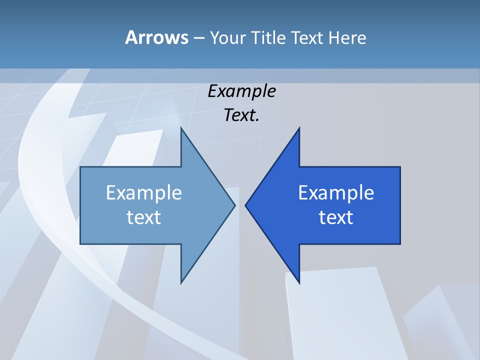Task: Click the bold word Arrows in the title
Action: coord(156,37)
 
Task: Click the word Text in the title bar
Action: coord(307,37)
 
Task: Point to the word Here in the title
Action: coord(347,37)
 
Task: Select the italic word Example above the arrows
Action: coord(241,91)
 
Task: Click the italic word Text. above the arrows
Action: coord(241,115)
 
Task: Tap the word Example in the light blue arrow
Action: coord(144,192)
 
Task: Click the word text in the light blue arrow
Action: coord(144,217)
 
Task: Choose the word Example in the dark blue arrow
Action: coord(336,192)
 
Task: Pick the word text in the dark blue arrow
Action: coord(336,217)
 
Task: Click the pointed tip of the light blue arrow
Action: coord(234,205)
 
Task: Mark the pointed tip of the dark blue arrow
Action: coord(246,205)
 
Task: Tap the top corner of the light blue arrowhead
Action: coord(181,128)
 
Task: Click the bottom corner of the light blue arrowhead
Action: coord(181,283)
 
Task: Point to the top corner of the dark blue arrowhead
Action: coord(299,128)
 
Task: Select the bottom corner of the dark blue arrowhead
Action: coord(299,283)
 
